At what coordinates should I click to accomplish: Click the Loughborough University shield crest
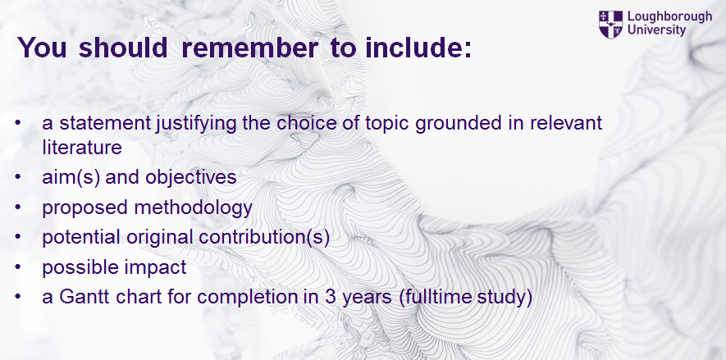610,25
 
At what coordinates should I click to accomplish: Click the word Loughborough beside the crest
669,17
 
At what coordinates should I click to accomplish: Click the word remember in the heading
249,48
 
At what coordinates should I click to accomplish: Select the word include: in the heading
418,48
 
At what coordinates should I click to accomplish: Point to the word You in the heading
42,48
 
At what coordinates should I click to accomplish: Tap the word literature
82,148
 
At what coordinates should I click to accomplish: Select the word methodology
193,207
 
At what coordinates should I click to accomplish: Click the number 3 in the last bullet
330,297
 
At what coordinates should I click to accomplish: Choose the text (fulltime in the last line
431,297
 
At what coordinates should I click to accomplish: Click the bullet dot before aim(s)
18,177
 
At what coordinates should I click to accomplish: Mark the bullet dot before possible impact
18,267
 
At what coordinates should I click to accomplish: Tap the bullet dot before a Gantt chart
18,296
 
